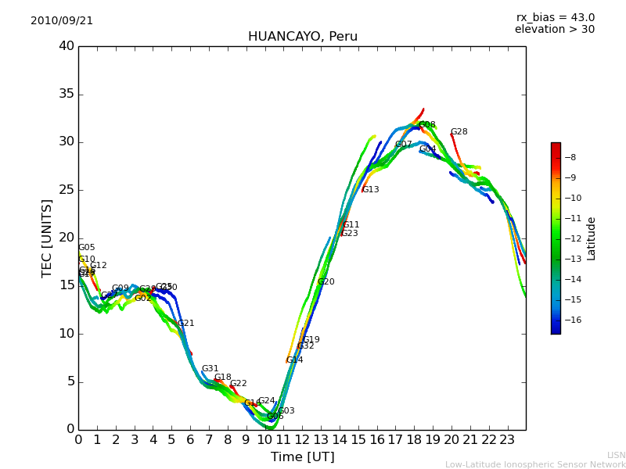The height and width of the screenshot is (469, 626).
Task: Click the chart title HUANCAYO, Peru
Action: pos(302,37)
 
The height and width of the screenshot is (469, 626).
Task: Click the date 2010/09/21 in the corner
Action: pos(62,21)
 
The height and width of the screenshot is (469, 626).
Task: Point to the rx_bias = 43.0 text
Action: pos(555,18)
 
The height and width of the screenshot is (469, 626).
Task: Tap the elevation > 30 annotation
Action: pos(554,30)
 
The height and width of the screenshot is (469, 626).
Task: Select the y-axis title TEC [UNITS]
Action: pos(48,238)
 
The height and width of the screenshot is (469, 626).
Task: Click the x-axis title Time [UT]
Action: pos(302,457)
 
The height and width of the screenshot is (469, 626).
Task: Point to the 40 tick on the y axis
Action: pos(67,46)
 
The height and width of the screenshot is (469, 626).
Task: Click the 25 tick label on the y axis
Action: pos(67,190)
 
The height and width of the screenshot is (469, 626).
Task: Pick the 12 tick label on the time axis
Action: pos(302,439)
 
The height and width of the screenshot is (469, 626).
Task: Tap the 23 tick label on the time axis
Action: pos(507,439)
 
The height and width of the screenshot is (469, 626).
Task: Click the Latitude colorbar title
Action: pos(592,238)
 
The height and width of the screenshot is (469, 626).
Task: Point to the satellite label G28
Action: pos(459,132)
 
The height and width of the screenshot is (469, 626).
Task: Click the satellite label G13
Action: pos(370,190)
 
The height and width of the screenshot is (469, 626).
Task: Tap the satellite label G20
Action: pos(326,282)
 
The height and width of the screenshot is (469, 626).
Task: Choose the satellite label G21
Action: pos(185,324)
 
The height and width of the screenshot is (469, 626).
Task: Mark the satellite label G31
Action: pos(210,369)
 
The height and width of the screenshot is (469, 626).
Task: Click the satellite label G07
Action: pos(403,145)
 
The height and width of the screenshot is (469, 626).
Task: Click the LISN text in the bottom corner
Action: pos(616,455)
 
